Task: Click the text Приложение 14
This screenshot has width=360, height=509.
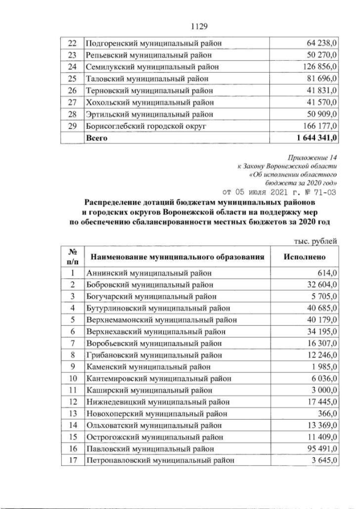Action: [313, 160]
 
